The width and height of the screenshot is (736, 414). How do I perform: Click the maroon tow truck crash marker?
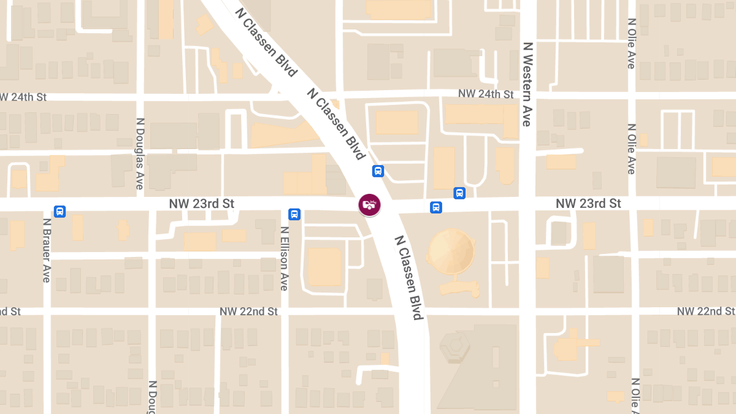click(x=369, y=205)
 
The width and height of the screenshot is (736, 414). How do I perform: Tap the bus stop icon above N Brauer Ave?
click(x=59, y=212)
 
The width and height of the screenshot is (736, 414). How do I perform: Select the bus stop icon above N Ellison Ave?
click(x=294, y=214)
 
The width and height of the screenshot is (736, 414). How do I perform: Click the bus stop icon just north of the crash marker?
click(x=378, y=171)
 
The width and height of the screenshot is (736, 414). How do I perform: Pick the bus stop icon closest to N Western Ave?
click(x=459, y=193)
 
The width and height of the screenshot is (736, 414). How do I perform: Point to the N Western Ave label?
click(x=526, y=84)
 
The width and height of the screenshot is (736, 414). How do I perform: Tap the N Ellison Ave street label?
click(x=284, y=258)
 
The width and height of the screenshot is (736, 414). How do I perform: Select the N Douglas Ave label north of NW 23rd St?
click(x=140, y=153)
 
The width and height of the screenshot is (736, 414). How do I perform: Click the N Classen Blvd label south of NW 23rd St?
click(x=409, y=278)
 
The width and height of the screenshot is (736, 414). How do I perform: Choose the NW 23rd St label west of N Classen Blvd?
click(x=202, y=203)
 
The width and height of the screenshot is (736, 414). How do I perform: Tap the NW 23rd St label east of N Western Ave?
click(x=588, y=203)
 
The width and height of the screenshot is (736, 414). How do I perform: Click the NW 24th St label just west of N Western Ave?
click(x=486, y=94)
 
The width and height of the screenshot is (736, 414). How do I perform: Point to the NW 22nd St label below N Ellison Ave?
click(x=248, y=312)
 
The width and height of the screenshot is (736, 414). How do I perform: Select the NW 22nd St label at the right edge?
click(x=705, y=312)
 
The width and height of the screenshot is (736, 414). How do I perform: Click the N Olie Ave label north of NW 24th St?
click(x=632, y=43)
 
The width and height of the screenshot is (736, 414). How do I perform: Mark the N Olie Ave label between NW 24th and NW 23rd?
click(x=632, y=149)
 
